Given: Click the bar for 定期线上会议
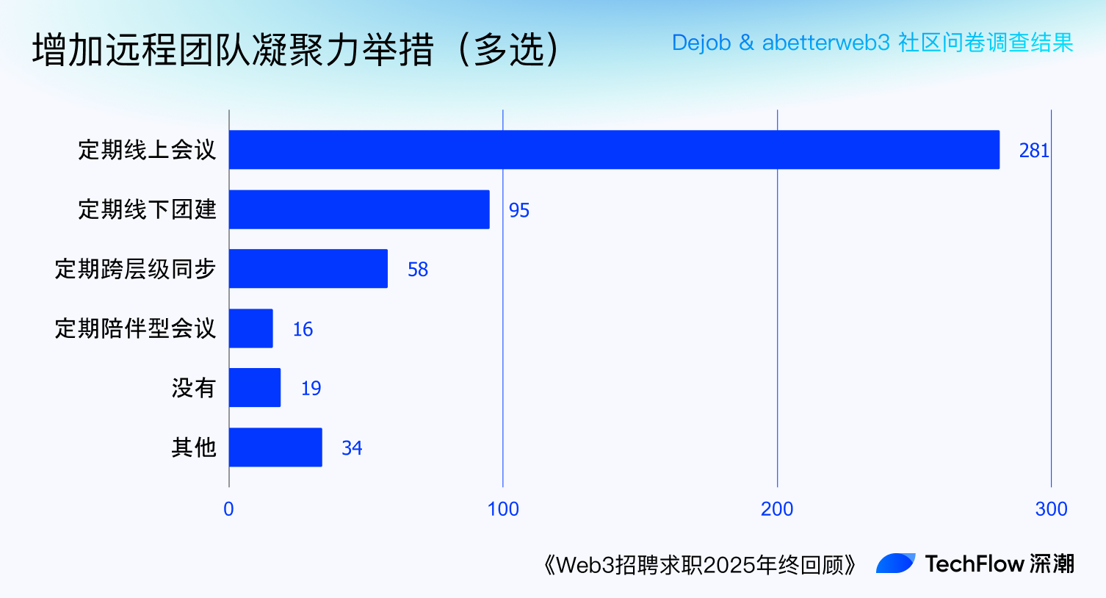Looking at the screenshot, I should [x=614, y=150].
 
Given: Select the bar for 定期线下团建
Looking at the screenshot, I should [x=359, y=209].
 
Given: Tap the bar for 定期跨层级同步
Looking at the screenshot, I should [x=308, y=269].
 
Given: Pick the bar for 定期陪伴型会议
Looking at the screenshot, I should [x=251, y=328].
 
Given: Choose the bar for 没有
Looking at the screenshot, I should [x=255, y=388].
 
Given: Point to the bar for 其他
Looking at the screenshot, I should [x=275, y=447].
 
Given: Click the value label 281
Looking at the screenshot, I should [x=1033, y=151].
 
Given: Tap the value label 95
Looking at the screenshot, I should [x=519, y=211].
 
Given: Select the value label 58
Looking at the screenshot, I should [x=418, y=270].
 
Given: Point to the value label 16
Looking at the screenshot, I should [x=303, y=329].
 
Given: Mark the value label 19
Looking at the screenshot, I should [x=311, y=389].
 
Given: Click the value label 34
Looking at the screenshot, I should [x=352, y=448].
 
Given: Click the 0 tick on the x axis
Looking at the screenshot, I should [x=229, y=509].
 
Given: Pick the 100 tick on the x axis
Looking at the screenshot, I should [x=503, y=509].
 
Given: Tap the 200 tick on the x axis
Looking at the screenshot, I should [x=777, y=509].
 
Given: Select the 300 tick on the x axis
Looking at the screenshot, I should [x=1051, y=509].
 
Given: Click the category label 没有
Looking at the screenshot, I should [x=194, y=388].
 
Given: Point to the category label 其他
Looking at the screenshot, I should [x=194, y=447].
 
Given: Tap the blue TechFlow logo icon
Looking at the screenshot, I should [x=896, y=563].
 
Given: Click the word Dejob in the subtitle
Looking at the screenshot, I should [x=701, y=43].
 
